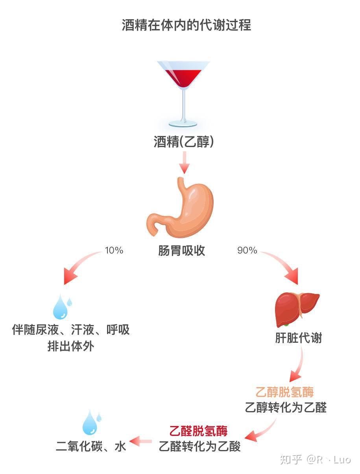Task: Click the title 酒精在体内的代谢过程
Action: pos(186,25)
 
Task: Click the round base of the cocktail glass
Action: pos(183,124)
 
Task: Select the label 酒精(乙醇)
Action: pos(184,142)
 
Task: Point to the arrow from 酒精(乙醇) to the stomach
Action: pos(184,162)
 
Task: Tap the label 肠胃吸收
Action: pos(181,250)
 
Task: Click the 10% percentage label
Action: pos(114,250)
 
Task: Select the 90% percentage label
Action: pos(247,250)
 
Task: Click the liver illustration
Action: pos(297,309)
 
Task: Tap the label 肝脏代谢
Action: pos(298,338)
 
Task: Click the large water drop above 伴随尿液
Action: pos(60,307)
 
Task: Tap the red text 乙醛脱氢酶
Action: pos(198,431)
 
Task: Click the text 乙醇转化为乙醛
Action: pos(286,408)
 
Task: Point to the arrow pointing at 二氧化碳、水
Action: pos(140,441)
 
